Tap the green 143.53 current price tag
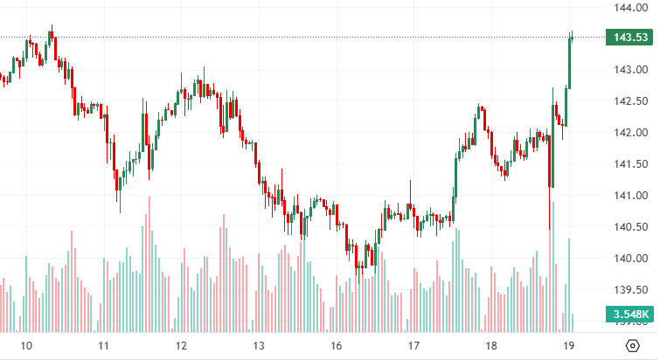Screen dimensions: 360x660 [630, 37]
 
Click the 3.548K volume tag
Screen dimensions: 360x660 [630, 315]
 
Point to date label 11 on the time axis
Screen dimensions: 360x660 [102, 345]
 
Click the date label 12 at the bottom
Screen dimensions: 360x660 [181, 345]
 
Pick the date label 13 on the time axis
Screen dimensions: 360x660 [259, 345]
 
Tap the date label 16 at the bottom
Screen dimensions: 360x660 [337, 345]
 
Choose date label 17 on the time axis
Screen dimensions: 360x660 [413, 345]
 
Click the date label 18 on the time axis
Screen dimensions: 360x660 [491, 345]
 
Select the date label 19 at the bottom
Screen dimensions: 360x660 [569, 345]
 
